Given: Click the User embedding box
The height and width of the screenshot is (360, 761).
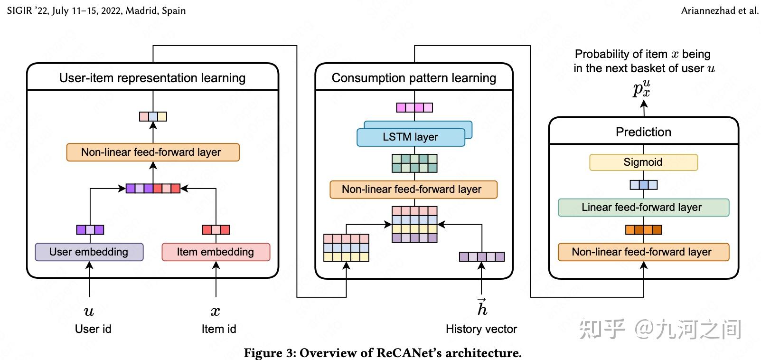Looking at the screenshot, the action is tap(89, 252).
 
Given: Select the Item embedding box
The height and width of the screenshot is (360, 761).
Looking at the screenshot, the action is tap(216, 252).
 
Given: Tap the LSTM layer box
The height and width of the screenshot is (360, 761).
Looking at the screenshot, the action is tap(411, 137).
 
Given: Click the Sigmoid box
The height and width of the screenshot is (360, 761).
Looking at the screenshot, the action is tap(643, 162).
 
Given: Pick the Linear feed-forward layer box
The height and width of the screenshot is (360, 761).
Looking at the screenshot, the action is tap(643, 208).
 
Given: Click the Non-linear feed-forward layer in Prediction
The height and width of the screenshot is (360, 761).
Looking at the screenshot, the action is tap(643, 252).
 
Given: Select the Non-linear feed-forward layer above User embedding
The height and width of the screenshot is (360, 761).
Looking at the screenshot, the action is tap(153, 152).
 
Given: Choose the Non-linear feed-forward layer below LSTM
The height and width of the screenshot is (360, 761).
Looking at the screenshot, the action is tap(413, 189).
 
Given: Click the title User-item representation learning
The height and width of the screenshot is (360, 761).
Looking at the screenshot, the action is tap(152, 78).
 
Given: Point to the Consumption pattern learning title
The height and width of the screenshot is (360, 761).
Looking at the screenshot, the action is tap(414, 78).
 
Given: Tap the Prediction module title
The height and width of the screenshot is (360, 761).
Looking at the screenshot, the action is tap(643, 132).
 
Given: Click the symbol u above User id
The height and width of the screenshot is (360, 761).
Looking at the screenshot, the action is tap(89, 311).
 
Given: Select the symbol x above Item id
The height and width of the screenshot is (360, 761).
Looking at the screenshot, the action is tap(216, 311).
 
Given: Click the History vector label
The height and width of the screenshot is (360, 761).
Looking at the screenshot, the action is tap(481, 329).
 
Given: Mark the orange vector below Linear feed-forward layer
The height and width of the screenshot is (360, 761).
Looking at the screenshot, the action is tap(643, 230).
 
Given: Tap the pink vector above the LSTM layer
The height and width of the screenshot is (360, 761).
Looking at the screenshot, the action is tap(414, 107).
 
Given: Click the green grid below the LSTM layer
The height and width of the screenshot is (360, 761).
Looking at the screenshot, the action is tap(414, 163).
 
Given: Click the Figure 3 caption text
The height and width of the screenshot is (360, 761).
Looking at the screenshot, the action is tap(383, 353).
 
